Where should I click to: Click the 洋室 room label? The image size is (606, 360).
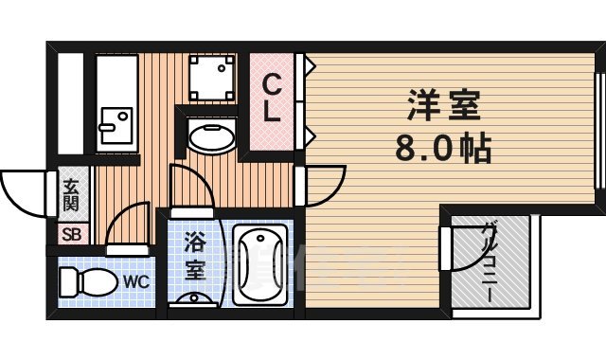pyautogui.click(x=442, y=103)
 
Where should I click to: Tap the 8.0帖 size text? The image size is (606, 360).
pyautogui.click(x=441, y=148)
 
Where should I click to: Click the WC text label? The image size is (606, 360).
pyautogui.click(x=135, y=281)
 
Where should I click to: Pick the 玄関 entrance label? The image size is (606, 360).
pyautogui.click(x=71, y=195)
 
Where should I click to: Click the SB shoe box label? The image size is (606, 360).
pyautogui.click(x=71, y=234)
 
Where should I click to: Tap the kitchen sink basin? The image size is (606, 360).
pyautogui.click(x=116, y=122)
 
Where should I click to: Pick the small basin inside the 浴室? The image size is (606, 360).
pyautogui.click(x=194, y=299)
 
